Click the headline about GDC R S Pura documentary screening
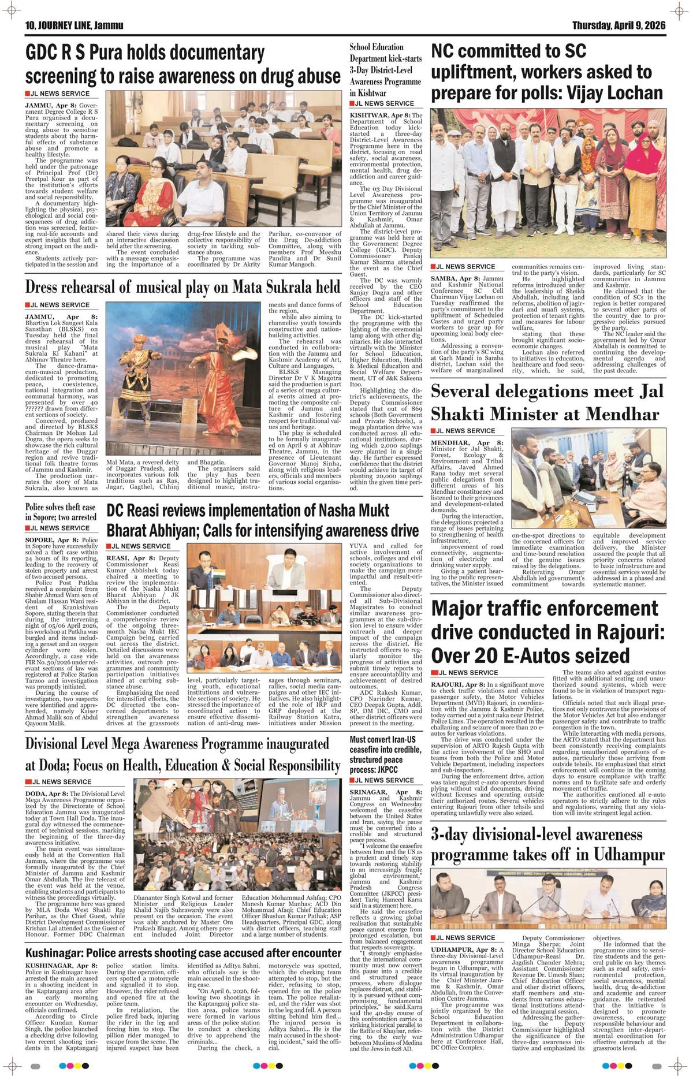tap(182, 65)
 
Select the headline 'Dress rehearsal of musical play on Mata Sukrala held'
tap(182, 287)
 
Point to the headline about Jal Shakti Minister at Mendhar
tap(545, 403)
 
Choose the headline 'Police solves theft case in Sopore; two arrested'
tap(61, 512)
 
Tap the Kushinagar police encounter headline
tap(182, 952)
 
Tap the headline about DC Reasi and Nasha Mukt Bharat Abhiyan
tap(262, 520)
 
